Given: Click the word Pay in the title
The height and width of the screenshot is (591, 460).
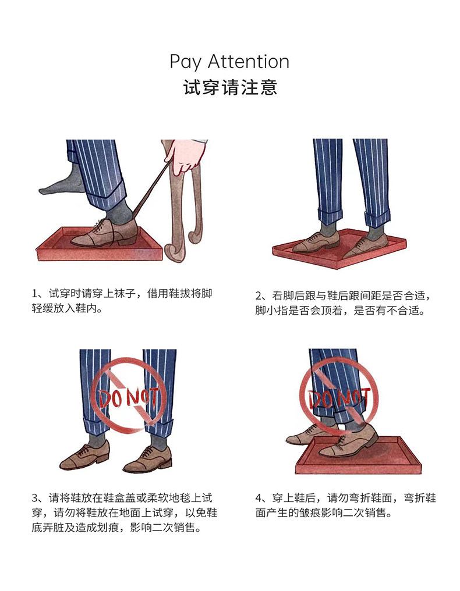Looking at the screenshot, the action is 185,62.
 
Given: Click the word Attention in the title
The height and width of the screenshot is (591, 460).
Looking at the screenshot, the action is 249,62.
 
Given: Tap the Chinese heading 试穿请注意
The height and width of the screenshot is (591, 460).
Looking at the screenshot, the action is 230,87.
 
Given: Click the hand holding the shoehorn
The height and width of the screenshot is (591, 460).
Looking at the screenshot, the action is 185,155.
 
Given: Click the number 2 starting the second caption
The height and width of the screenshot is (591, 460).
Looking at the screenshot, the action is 259,296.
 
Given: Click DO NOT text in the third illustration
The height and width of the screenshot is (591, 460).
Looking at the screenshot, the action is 128,398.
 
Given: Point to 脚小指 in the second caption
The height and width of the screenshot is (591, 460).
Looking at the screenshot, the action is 271,311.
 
